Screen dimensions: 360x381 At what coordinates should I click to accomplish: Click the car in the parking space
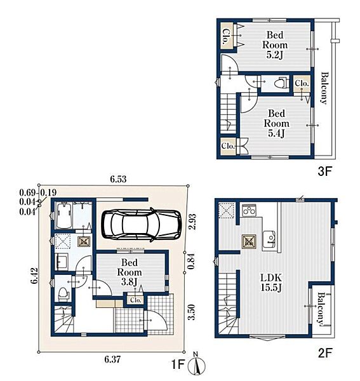142,225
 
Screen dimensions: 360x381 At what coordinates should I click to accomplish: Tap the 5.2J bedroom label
275,45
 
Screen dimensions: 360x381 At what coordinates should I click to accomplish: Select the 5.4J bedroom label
276,123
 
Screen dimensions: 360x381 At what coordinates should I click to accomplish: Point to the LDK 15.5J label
271,283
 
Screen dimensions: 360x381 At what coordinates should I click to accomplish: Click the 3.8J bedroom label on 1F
130,272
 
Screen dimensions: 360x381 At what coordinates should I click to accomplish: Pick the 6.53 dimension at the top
118,179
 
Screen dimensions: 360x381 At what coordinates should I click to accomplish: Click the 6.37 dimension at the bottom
112,359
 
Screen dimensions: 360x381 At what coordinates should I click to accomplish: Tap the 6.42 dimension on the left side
34,276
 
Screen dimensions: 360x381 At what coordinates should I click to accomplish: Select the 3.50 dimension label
192,312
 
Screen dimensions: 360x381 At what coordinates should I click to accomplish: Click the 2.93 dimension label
192,222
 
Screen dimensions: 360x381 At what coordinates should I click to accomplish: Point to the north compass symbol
196,364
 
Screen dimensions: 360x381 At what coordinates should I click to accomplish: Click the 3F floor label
325,171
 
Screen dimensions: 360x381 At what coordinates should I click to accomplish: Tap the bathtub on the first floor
63,215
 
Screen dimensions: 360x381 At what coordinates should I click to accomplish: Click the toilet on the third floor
281,83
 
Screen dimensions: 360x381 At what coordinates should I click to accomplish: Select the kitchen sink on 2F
269,239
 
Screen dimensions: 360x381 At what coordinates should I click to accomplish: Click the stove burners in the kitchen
249,210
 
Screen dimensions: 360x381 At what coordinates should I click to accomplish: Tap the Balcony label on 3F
324,88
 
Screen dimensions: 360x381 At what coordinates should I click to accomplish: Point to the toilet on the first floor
63,294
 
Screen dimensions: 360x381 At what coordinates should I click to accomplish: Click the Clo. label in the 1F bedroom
135,300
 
